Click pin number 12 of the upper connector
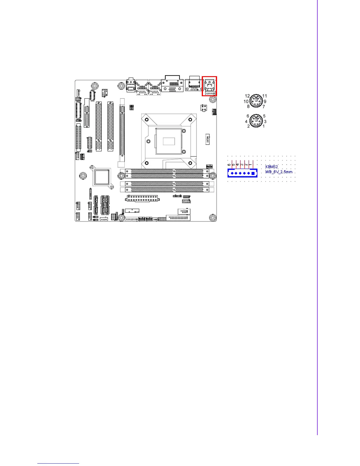pyautogui.click(x=247, y=96)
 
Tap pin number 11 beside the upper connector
pyautogui.click(x=265, y=96)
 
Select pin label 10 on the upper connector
pyautogui.click(x=246, y=101)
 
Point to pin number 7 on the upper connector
pyautogui.click(x=264, y=106)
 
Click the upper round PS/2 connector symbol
pyautogui.click(x=256, y=101)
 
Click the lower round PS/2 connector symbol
pyautogui.click(x=256, y=121)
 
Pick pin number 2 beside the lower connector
pyautogui.click(x=249, y=126)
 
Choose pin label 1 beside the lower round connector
pyautogui.click(x=264, y=126)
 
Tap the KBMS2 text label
pyautogui.click(x=271, y=167)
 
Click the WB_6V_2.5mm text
pyautogui.click(x=279, y=172)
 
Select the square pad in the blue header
pyautogui.click(x=253, y=173)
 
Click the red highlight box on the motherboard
pyautogui.click(x=209, y=86)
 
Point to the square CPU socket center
pyautogui.click(x=169, y=141)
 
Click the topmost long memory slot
pyautogui.click(x=167, y=171)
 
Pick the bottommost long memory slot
pyautogui.click(x=167, y=190)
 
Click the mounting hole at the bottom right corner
pyautogui.click(x=213, y=218)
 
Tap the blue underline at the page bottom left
pyautogui.click(x=58, y=464)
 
